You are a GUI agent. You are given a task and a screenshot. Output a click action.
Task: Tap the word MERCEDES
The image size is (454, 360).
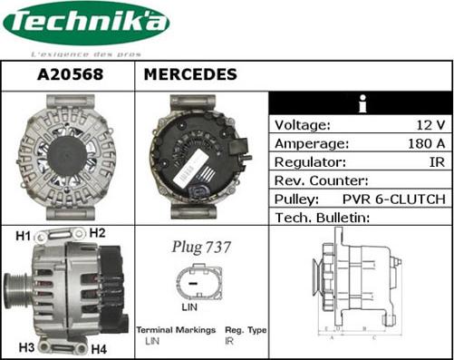pos(191,74)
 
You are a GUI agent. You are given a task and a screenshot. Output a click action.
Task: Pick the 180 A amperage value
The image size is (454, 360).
pos(422,143)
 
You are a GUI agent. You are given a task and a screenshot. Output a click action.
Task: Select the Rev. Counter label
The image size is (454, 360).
pos(321,180)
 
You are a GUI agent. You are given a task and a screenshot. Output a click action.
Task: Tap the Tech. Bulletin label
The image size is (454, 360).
pos(323,218)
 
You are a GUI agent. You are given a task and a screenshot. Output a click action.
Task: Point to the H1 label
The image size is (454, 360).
pos(24,237)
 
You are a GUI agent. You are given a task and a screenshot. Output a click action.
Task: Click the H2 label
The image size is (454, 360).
pos(97,233)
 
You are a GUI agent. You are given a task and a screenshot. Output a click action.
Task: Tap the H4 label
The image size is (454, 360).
pos(98,348)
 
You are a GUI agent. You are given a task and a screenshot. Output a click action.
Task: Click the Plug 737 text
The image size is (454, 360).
pos(201,247)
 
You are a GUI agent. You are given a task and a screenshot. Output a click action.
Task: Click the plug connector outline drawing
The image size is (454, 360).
pos(201,283)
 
